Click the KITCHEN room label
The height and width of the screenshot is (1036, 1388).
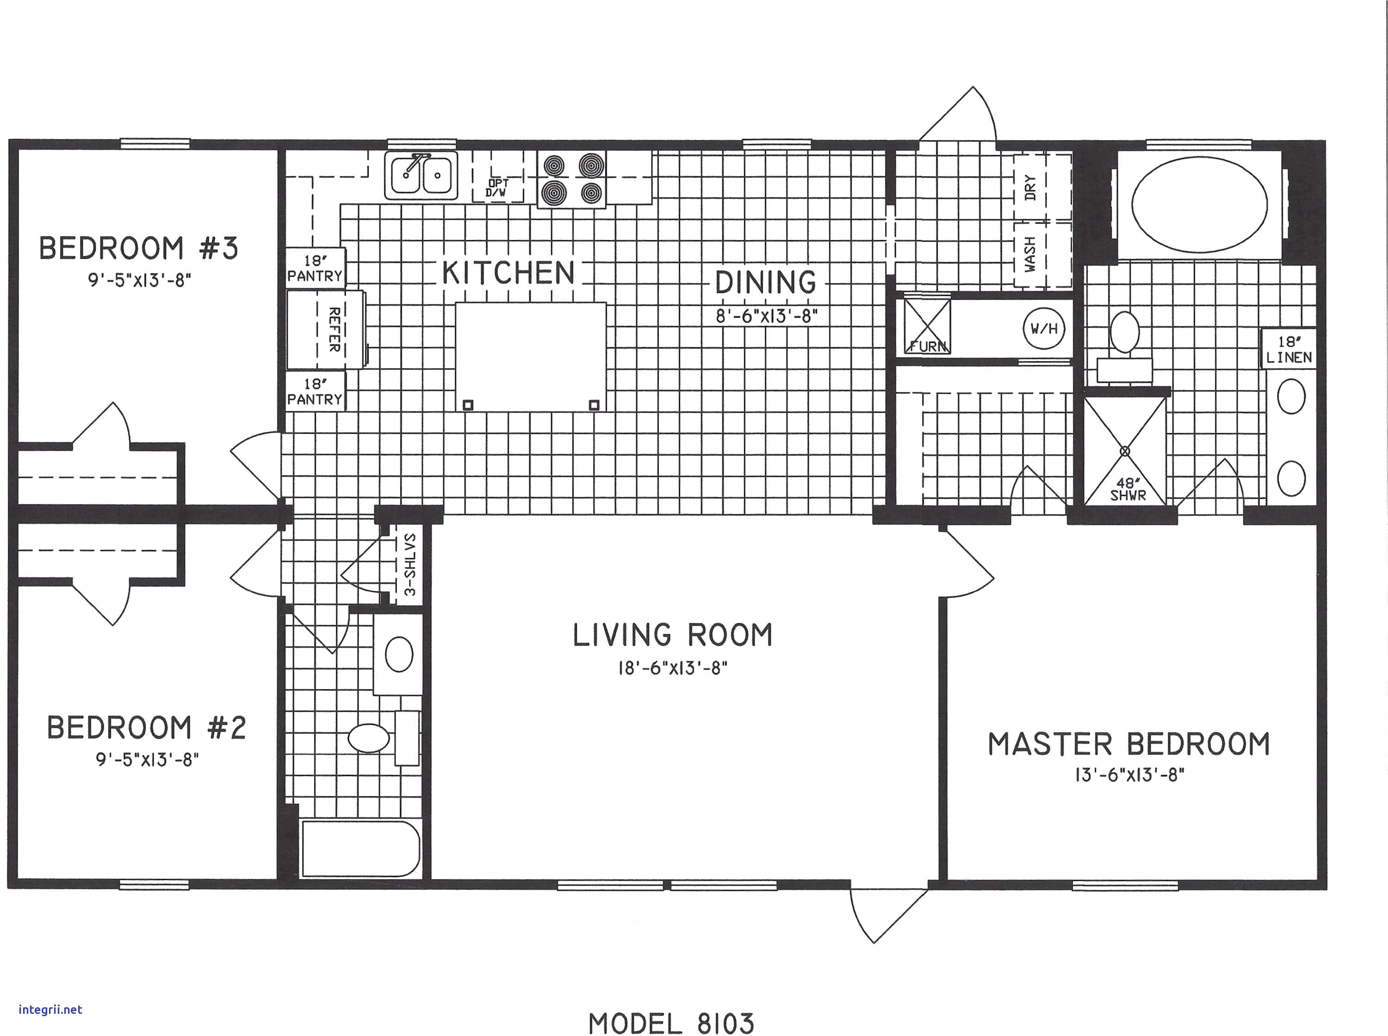(x=508, y=273)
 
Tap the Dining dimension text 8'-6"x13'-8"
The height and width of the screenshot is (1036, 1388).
(x=767, y=316)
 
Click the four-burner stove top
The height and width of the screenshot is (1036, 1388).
(x=571, y=179)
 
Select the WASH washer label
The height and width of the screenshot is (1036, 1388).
(x=1030, y=254)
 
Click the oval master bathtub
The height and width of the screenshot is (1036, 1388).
(x=1199, y=204)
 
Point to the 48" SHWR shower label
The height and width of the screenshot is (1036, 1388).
(x=1127, y=489)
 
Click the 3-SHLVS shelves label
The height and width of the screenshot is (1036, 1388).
(x=409, y=564)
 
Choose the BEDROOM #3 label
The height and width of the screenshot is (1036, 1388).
(x=139, y=248)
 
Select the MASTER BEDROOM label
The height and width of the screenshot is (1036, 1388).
(x=1129, y=744)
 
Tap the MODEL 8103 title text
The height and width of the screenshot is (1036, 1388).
(x=671, y=1024)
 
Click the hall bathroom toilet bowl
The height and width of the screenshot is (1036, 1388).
(x=368, y=738)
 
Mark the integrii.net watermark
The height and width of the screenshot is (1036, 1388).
(x=50, y=1010)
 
